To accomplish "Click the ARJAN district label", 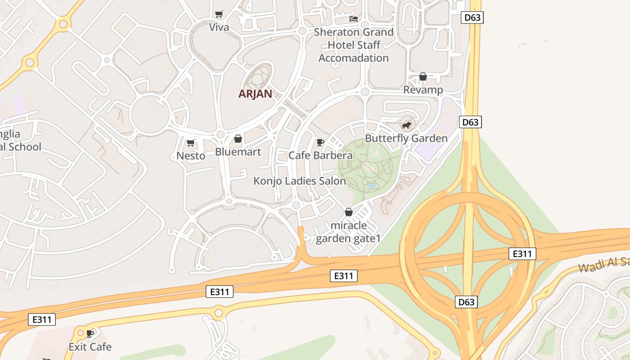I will point(255,94).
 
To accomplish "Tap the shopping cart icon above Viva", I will point(219,14).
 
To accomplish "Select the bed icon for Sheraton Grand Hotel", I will point(354,19).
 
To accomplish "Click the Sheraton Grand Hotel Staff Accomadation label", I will point(354,45).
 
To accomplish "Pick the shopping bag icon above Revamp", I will point(423,76).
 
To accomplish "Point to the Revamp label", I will point(423,90).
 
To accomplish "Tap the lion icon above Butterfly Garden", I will point(406,125).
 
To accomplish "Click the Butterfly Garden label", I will point(406,138).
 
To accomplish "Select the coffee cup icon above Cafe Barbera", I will point(320,143).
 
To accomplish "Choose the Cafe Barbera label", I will point(320,156).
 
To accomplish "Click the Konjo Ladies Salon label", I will point(300,181).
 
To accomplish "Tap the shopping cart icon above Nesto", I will point(190,143).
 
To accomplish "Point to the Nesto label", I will point(191,156).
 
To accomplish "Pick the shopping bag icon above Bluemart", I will point(238,139).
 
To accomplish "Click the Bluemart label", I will point(238,152).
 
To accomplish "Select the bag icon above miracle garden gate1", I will point(348,211).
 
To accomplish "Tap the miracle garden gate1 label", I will point(348,232).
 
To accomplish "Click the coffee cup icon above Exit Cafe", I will point(90,333).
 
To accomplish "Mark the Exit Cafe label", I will point(90,347).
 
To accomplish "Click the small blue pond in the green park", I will point(372,186).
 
